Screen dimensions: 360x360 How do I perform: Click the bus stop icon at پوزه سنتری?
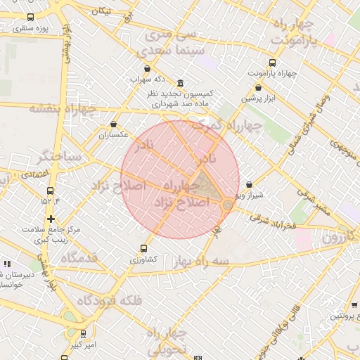click(x=30, y=18)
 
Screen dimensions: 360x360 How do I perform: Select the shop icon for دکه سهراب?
click(x=147, y=69)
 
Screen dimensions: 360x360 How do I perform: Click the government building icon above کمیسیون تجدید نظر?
click(x=181, y=84)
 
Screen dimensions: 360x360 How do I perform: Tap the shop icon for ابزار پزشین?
click(x=259, y=88)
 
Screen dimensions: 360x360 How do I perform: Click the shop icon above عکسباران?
click(x=113, y=124)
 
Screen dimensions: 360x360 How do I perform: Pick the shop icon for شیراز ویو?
click(x=249, y=184)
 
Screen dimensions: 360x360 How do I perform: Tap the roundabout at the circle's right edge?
click(x=228, y=205)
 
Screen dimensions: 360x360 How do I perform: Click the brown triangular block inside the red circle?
click(x=206, y=184)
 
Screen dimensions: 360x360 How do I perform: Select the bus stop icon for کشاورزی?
click(x=144, y=248)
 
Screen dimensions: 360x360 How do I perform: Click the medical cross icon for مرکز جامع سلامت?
click(x=50, y=219)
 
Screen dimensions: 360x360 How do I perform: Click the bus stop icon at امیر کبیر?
click(x=84, y=334)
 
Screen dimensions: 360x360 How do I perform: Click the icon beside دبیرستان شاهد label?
click(x=7, y=264)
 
